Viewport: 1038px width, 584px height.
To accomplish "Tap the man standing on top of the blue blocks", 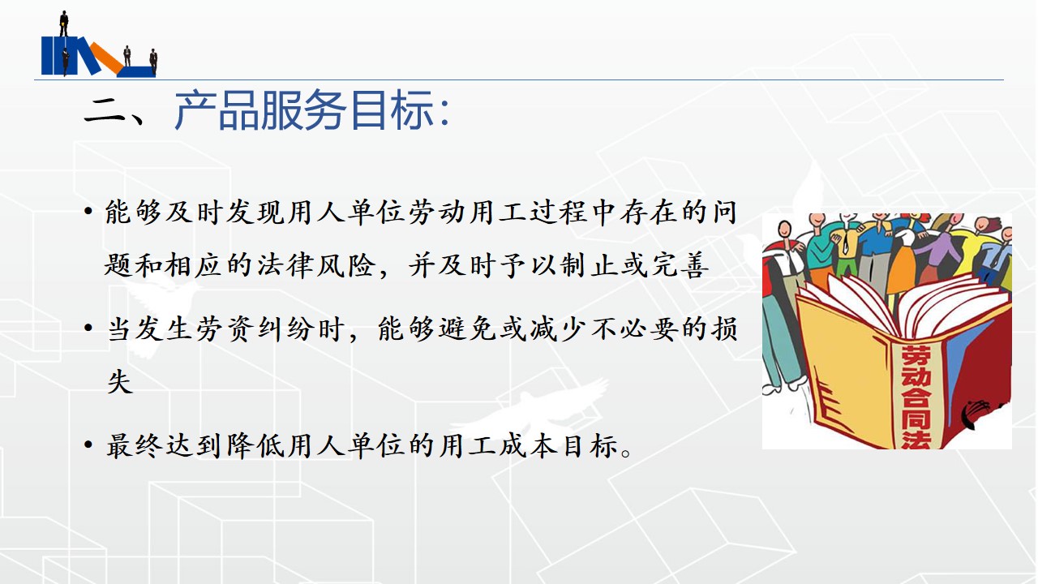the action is pyautogui.click(x=64, y=24).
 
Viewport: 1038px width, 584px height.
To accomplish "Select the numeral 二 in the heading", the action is pyautogui.click(x=105, y=112).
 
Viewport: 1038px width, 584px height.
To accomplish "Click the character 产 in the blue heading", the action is pyautogui.click(x=194, y=109).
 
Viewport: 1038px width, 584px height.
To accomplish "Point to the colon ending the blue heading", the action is pyautogui.click(x=445, y=113).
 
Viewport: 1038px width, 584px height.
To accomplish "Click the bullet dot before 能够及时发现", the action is pyautogui.click(x=88, y=213).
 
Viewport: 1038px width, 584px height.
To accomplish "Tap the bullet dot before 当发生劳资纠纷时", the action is pyautogui.click(x=88, y=329).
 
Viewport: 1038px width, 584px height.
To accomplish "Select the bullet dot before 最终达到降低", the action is pyautogui.click(x=88, y=446).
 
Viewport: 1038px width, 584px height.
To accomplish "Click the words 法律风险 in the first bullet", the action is pyautogui.click(x=316, y=265).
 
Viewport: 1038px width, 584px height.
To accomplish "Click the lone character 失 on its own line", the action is pyautogui.click(x=120, y=382).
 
